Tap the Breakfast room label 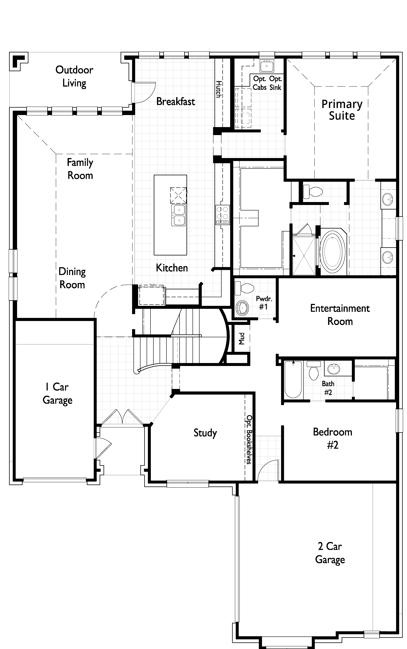coord(175,102)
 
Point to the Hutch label coord(219,89)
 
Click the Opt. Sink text coord(275,83)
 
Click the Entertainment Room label coord(340,315)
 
